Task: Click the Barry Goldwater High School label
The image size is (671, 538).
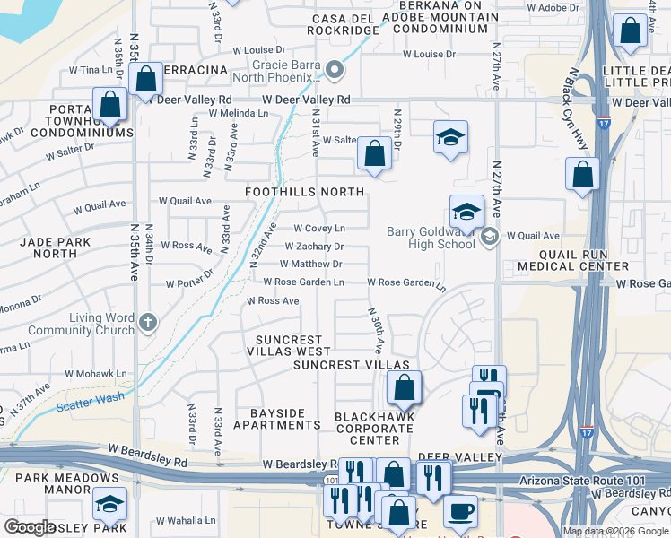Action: pos(431,238)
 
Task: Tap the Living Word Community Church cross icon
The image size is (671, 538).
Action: pos(149,321)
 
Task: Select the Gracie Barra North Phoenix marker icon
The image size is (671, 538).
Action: pos(335,70)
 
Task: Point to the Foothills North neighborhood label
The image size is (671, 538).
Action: pos(306,192)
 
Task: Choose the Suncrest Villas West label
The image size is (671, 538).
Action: pos(293,346)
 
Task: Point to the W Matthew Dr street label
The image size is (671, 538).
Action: pos(310,265)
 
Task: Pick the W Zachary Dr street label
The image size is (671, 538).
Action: pos(314,247)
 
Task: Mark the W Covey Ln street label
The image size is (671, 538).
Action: pos(318,229)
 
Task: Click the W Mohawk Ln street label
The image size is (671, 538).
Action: pos(96,374)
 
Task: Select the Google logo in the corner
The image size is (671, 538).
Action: pos(30,527)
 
